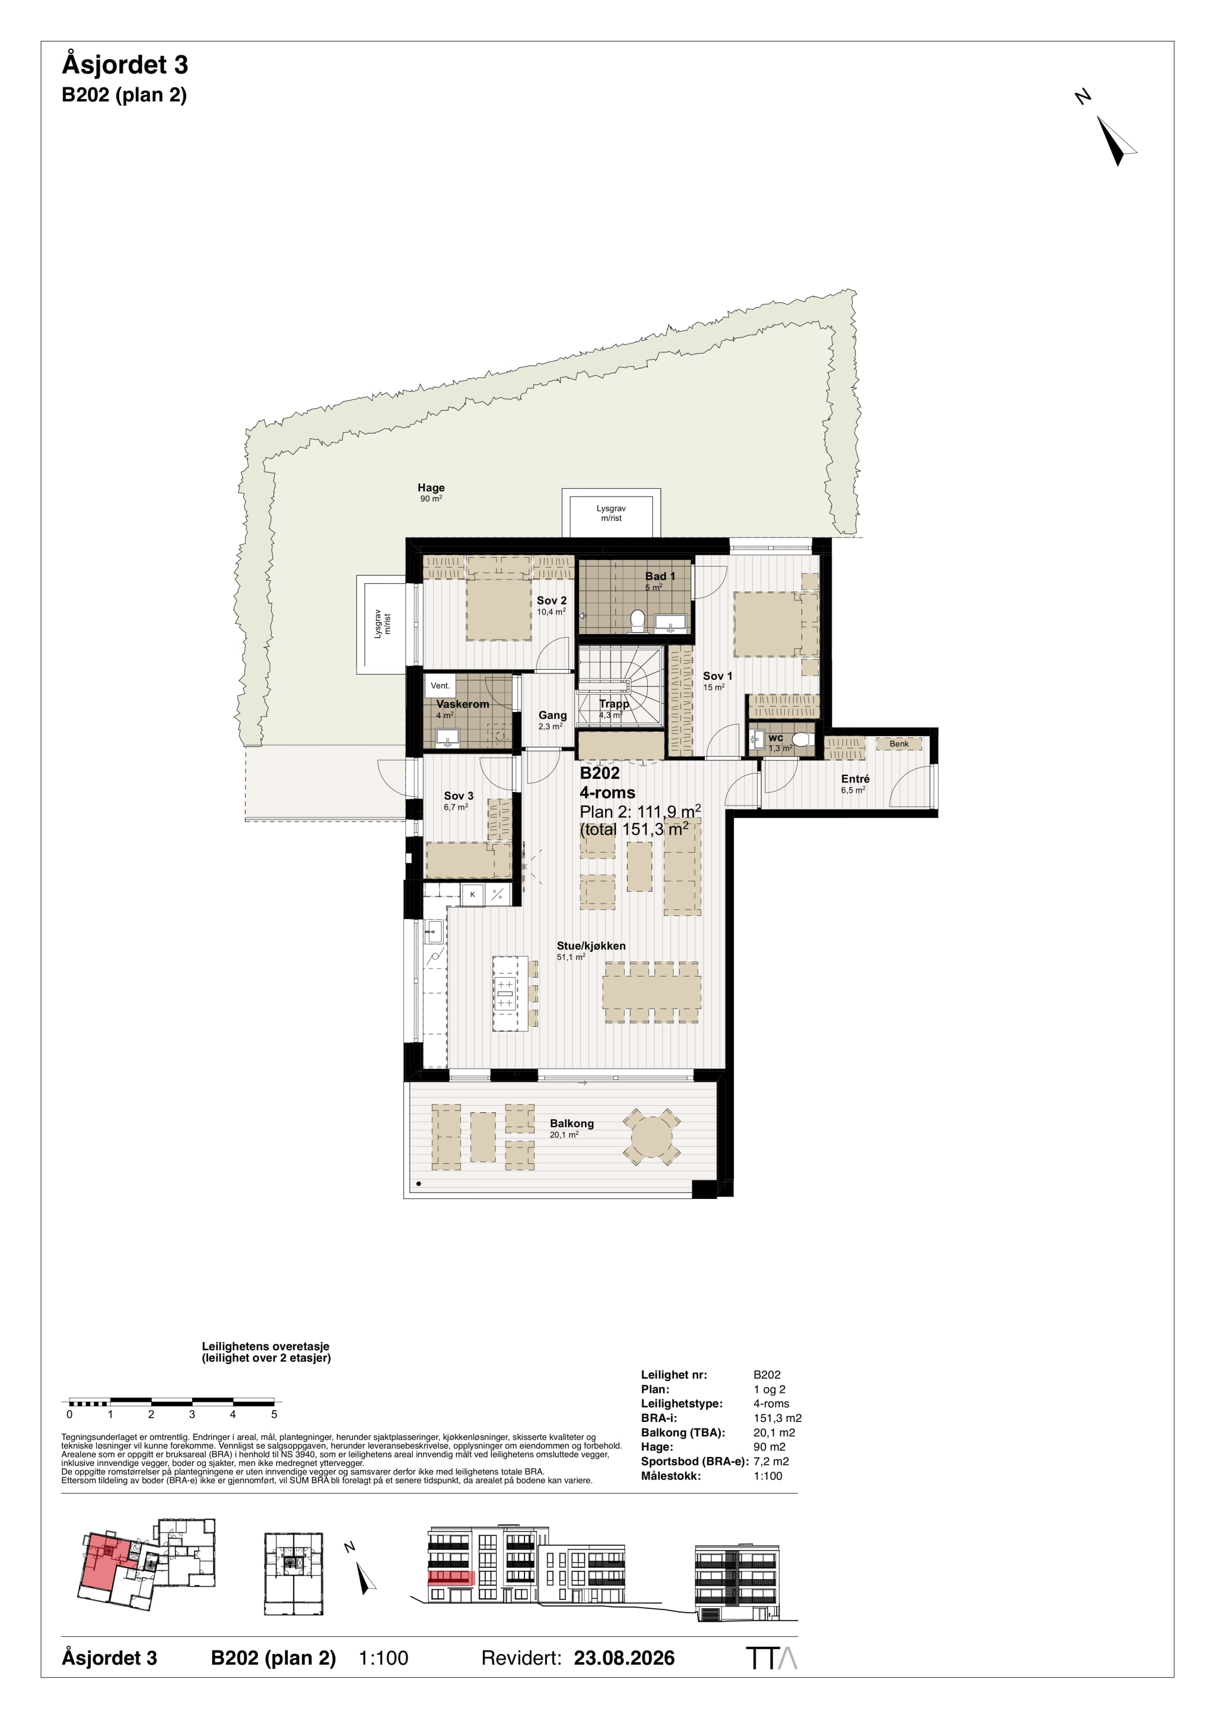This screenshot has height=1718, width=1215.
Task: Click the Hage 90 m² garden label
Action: tap(431, 492)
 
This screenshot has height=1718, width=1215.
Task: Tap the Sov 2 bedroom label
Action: tap(551, 600)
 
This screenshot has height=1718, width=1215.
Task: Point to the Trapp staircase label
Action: tap(614, 704)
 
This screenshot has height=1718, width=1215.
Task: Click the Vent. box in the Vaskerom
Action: tap(440, 685)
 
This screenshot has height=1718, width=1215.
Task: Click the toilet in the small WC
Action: tap(801, 740)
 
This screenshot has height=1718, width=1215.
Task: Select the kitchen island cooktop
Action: tap(505, 993)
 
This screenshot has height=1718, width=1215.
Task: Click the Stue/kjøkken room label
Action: tap(591, 946)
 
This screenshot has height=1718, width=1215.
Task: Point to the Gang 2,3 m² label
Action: tap(552, 720)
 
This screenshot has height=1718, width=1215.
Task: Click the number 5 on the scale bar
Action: tap(274, 1414)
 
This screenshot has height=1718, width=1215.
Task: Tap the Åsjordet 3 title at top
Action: tap(125, 65)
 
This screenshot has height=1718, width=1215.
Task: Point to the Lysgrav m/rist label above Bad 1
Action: tap(611, 513)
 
